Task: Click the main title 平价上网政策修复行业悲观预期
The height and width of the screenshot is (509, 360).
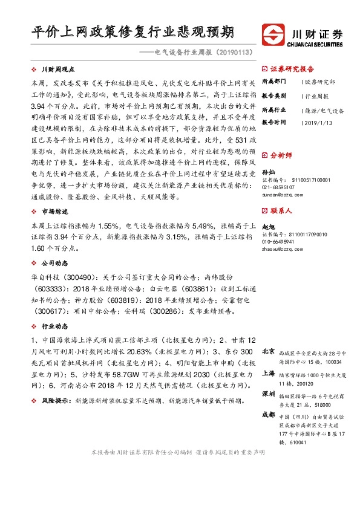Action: [x=133, y=32]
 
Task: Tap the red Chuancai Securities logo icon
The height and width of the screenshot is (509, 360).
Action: [x=272, y=34]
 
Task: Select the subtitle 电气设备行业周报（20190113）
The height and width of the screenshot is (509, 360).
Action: [x=202, y=53]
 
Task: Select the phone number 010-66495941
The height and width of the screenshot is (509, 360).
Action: [x=279, y=241]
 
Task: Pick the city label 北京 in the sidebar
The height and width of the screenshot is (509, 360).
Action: [x=268, y=351]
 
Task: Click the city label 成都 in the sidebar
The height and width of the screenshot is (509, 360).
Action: [x=268, y=415]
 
